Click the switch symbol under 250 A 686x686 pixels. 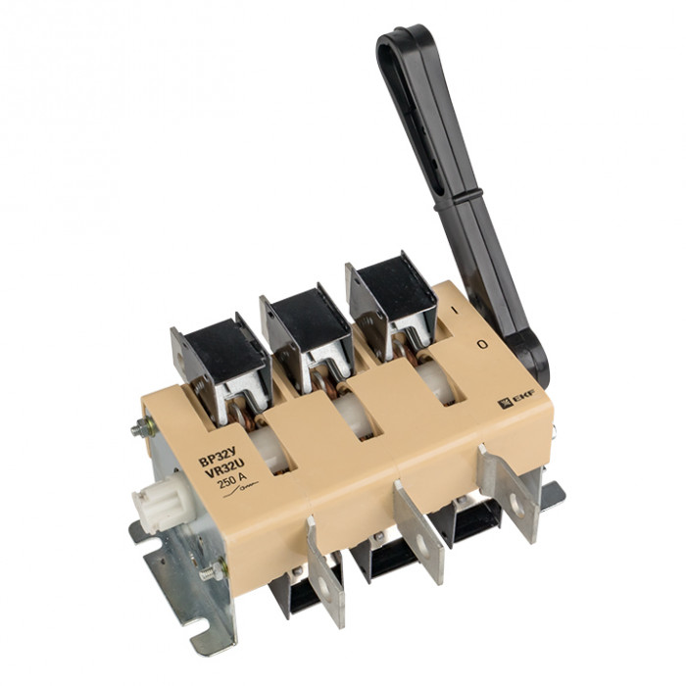tap(241, 491)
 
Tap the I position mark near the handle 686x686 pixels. tap(455, 310)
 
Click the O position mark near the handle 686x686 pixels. tap(482, 344)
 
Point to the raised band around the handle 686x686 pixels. tap(459, 199)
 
